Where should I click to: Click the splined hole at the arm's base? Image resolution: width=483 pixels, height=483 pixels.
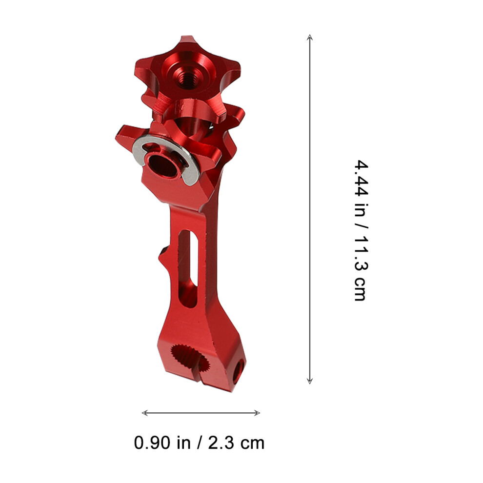click(188, 358)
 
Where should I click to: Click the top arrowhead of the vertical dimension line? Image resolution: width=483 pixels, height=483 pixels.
click(310, 37)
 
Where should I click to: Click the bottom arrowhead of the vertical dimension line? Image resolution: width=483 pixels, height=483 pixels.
click(310, 381)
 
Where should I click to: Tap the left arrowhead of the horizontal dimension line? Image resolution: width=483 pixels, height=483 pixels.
click(145, 413)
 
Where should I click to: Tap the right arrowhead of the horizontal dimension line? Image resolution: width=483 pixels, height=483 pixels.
click(257, 413)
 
